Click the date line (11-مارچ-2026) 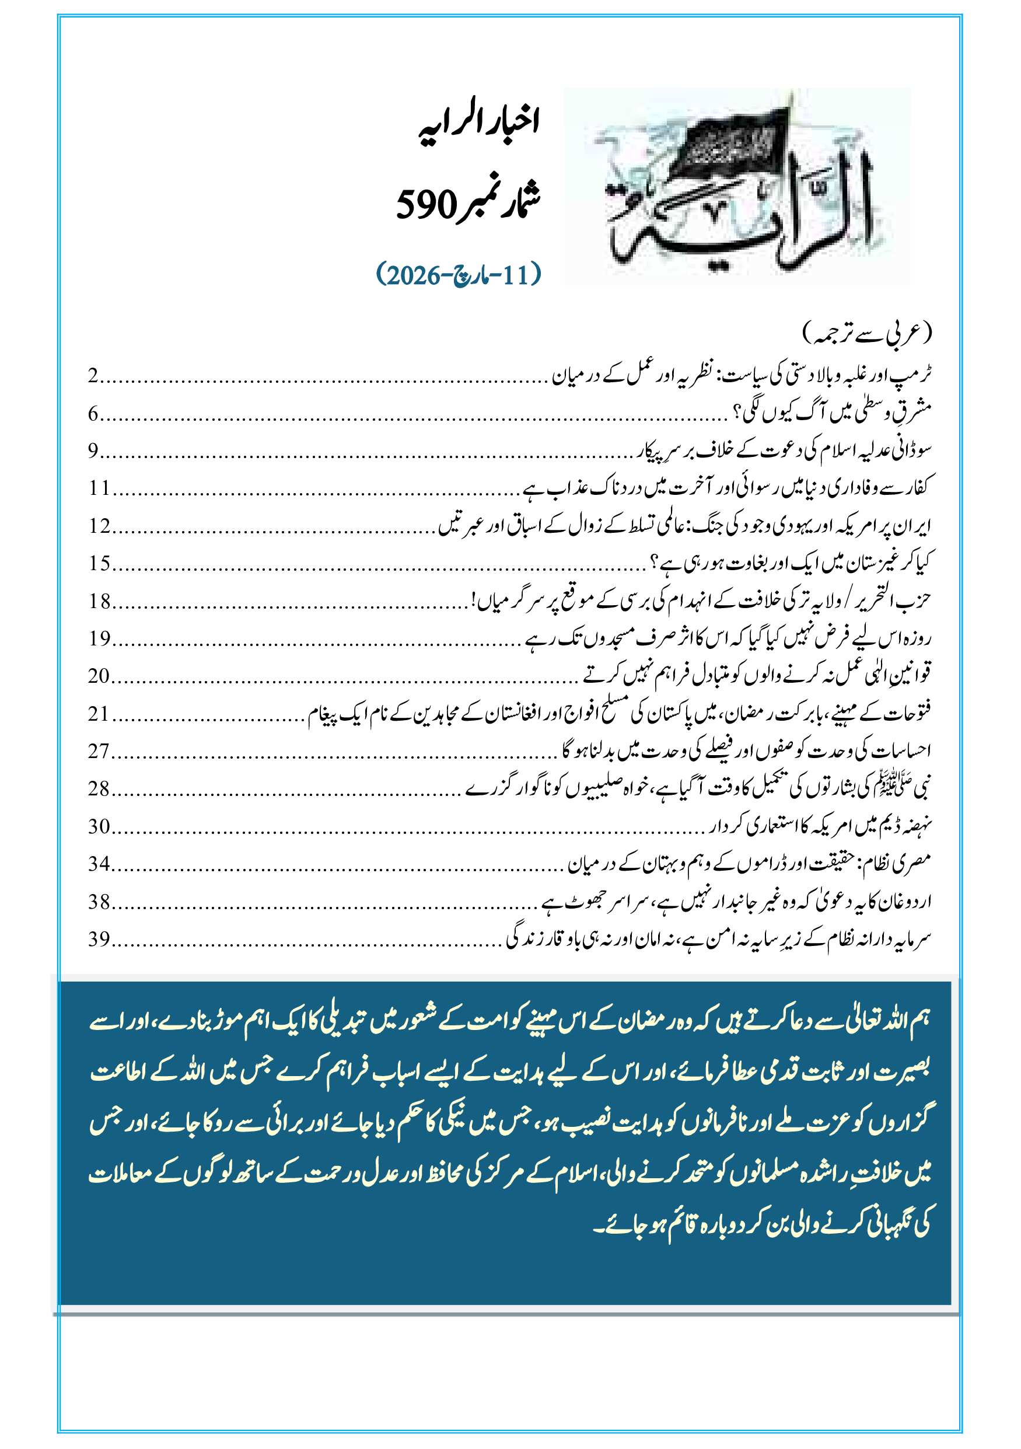[459, 275]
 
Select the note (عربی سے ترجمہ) [867, 333]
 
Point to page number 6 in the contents [93, 414]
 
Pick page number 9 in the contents [93, 451]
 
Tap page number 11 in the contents [99, 488]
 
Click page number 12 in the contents [99, 526]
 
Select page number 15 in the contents [99, 563]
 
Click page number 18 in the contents [99, 601]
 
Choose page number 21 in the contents [99, 713]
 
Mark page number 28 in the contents [99, 788]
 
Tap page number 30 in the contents [99, 826]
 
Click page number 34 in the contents [99, 863]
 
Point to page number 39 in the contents [99, 938]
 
